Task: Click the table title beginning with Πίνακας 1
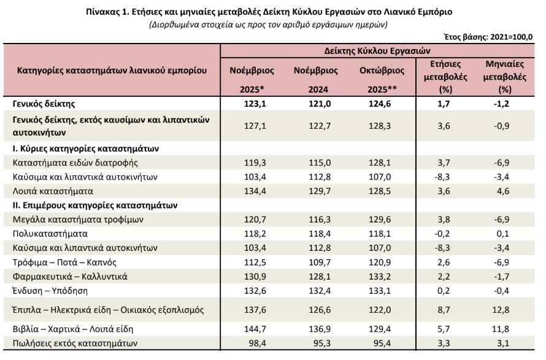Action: [269, 12]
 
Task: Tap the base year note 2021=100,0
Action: [511, 37]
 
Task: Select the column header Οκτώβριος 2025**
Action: [382, 80]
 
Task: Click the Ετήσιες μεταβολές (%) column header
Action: [445, 77]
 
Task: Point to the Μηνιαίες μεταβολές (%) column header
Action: [504, 77]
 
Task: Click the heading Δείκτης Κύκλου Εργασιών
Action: [377, 51]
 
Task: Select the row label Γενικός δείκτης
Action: [44, 104]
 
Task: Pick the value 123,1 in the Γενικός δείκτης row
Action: [255, 104]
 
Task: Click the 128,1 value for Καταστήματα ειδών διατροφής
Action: [380, 163]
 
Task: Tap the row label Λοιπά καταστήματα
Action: [53, 191]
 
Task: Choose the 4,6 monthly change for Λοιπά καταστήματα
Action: [503, 191]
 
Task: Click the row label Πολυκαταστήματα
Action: [50, 234]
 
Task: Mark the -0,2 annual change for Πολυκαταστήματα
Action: [442, 234]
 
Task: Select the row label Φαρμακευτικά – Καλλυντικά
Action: [70, 277]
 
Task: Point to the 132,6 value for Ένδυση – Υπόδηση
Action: [255, 291]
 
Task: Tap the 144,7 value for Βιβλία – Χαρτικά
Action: [255, 329]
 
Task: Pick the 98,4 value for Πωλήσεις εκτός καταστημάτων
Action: [258, 343]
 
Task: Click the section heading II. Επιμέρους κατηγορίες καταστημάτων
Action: [95, 205]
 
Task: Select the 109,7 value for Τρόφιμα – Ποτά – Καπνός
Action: [320, 262]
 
